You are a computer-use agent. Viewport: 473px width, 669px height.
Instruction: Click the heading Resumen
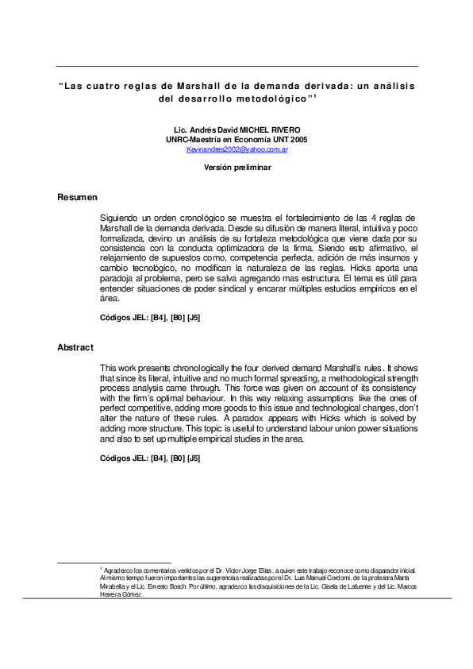(x=77, y=196)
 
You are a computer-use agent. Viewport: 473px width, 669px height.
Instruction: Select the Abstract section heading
(x=75, y=347)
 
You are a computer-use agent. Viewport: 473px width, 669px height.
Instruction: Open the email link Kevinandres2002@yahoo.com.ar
(x=236, y=149)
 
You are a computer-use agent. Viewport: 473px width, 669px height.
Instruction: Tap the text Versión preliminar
(x=236, y=168)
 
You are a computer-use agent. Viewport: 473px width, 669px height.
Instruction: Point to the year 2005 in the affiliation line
(x=297, y=139)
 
